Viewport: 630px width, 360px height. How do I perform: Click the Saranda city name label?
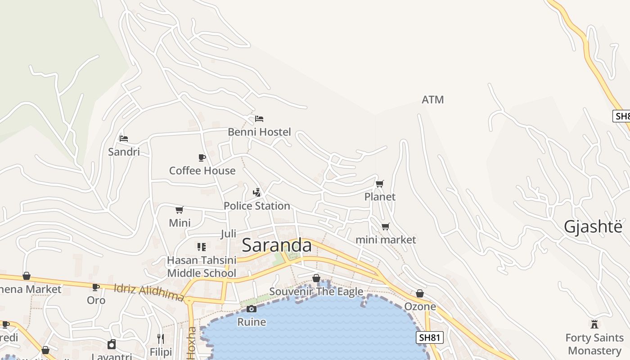pos(276,245)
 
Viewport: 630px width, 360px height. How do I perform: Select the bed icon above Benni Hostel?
pos(259,119)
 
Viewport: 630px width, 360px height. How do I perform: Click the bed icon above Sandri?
pos(124,138)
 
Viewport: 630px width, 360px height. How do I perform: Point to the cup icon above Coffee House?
pos(202,157)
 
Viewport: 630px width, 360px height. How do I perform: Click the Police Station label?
pos(256,206)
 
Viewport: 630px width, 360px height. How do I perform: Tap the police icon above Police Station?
pos(257,193)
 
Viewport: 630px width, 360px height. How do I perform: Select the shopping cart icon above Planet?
pos(380,184)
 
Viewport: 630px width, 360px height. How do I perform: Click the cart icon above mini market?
pos(385,226)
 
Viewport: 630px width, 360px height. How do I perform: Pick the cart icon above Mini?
pos(180,210)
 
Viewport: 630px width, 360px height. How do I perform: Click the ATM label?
pos(432,100)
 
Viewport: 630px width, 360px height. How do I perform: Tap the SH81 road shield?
pos(429,337)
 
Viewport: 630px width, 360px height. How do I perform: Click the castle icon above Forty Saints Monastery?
pos(594,324)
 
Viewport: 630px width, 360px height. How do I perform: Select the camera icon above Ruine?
pos(252,309)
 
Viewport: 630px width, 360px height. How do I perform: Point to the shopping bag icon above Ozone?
pos(420,293)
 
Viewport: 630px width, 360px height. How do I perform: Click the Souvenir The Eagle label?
pos(316,292)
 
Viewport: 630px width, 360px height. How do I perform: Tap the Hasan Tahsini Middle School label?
pos(202,266)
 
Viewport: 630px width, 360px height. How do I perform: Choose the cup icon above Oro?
pos(96,287)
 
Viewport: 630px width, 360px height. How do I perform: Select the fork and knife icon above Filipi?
pos(161,338)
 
